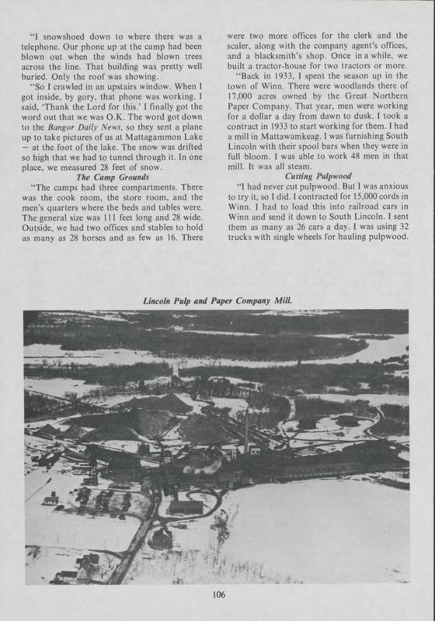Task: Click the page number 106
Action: [217, 596]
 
